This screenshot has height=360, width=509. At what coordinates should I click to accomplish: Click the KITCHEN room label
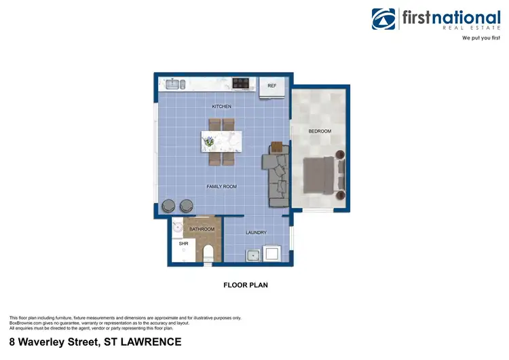pos(221,107)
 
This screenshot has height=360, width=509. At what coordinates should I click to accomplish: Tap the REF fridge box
pos(272,86)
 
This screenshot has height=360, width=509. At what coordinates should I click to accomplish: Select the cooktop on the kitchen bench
pos(241,84)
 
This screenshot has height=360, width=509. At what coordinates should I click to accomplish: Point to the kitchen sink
pos(174,84)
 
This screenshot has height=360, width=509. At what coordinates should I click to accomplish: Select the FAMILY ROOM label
pos(221,186)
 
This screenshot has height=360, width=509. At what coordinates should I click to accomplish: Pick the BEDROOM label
pos(320,131)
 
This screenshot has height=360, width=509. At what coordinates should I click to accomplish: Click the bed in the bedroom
pos(318,176)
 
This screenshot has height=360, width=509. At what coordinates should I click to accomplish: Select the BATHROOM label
pos(202,230)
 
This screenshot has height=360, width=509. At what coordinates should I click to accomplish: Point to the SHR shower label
pos(183,243)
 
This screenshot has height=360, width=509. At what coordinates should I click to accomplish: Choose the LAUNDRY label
pos(256,232)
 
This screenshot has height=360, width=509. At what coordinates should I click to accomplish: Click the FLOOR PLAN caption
pos(246,285)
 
